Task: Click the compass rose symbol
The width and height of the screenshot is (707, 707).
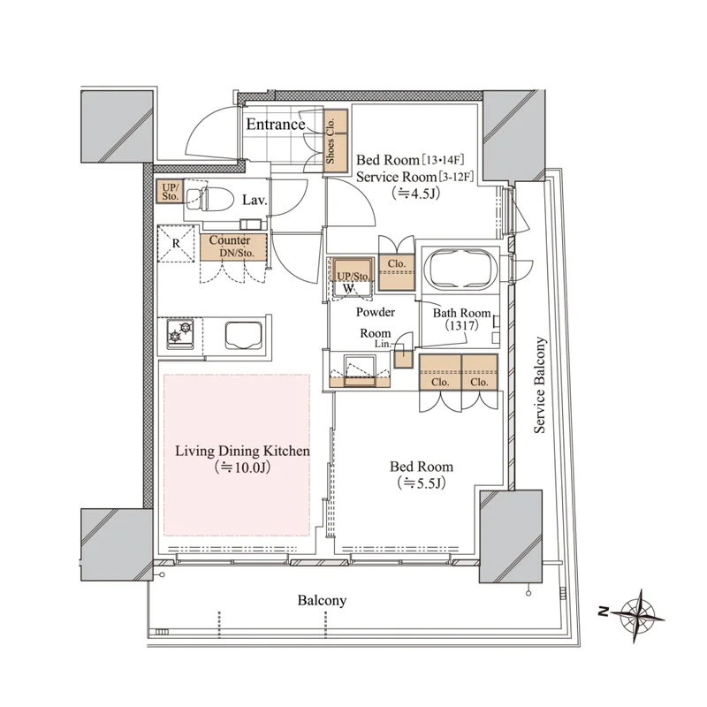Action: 638,615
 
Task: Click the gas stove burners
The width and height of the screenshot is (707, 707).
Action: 180,333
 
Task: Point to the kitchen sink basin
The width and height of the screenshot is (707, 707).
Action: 244,335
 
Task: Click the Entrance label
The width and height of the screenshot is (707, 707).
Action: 276,125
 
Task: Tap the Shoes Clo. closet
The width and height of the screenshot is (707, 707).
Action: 337,141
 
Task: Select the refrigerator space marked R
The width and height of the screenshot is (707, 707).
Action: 176,244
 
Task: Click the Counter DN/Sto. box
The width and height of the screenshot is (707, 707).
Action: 233,247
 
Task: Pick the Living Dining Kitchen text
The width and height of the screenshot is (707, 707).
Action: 242,451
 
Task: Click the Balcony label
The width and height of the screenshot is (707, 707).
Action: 322,601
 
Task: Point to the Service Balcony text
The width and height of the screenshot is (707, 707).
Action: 540,385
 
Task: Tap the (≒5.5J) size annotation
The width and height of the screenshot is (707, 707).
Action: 422,483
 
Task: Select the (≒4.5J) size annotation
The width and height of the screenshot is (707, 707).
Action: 415,194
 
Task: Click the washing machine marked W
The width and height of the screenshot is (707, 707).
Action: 352,278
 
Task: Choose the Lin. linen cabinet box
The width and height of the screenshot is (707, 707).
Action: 403,358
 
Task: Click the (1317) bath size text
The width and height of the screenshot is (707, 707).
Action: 461,325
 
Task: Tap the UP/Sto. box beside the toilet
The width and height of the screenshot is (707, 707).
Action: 170,191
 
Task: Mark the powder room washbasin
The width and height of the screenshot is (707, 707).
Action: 360,369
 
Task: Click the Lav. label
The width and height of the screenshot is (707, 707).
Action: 255,200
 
